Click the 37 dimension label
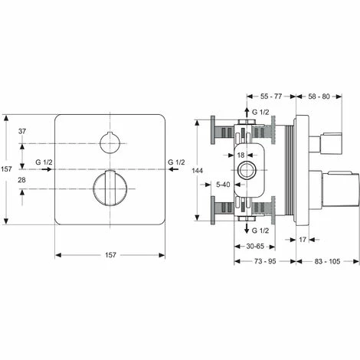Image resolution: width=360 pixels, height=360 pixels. coord(22,132)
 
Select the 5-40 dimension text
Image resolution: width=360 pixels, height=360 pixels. coord(224,185)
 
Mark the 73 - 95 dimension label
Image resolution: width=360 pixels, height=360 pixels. coord(267,263)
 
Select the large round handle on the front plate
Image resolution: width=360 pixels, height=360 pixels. coord(109,189)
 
